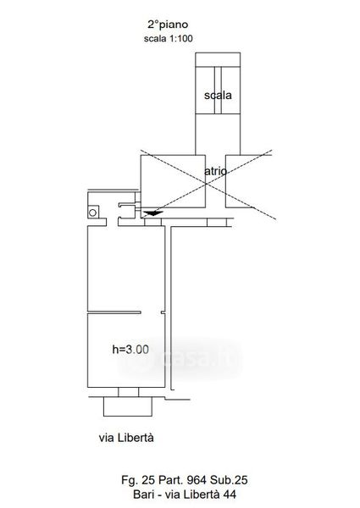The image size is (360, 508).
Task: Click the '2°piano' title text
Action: (x=168, y=25)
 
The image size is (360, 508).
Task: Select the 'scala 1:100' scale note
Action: (x=169, y=39)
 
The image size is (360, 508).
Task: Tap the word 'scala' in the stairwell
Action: (x=218, y=95)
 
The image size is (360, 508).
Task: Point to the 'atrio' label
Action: (x=215, y=171)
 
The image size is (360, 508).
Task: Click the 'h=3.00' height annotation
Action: (x=130, y=349)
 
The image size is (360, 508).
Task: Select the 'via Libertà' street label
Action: (x=126, y=438)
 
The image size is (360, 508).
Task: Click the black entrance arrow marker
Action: (x=153, y=213)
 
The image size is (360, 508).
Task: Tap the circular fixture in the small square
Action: (x=92, y=213)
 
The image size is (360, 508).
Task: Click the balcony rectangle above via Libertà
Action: (x=128, y=406)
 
